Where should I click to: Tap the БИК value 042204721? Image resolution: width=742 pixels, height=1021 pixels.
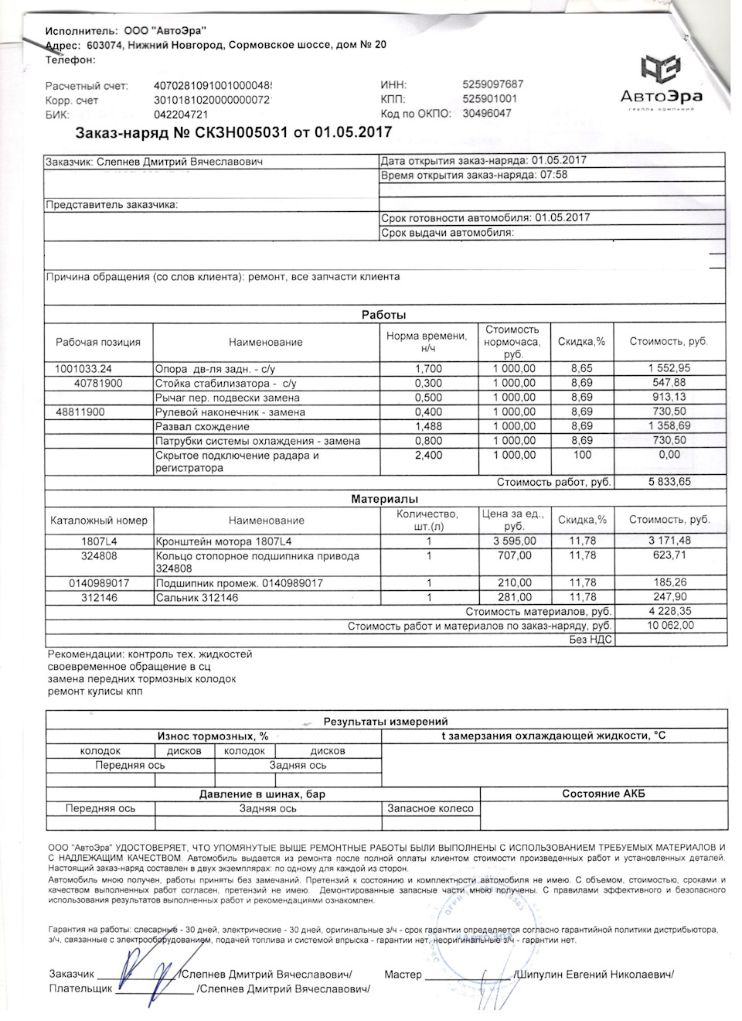point(182,114)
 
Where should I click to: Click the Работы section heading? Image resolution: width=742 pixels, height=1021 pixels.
point(384,315)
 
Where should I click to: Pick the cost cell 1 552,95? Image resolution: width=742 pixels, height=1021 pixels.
point(669,369)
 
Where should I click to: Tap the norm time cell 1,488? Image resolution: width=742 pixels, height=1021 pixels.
point(429,426)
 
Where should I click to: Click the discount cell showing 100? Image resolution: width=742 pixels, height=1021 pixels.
point(582,455)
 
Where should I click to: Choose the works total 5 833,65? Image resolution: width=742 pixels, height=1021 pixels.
point(669,482)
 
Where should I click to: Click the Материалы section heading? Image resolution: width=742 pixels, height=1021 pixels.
point(384,500)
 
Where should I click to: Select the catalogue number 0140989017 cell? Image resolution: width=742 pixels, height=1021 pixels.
point(99,583)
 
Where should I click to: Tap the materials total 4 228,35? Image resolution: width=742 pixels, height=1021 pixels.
point(669,611)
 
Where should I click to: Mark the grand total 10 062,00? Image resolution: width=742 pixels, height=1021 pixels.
point(669,625)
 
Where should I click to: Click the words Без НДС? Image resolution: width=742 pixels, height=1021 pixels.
point(591,639)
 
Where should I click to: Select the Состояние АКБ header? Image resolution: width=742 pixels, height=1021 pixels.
point(603,794)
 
